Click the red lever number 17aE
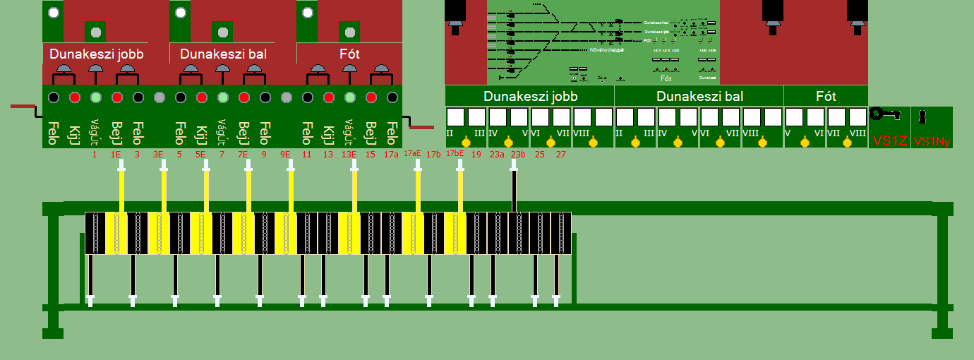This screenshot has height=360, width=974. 413,153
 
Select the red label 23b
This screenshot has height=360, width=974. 519,154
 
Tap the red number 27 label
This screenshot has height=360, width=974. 561,154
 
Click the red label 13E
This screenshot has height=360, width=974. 349,154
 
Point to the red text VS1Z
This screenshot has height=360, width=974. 889,140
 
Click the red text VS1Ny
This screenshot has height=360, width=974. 932,141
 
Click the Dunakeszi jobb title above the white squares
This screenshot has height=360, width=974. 529,96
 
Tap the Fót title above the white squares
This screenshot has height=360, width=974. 826,96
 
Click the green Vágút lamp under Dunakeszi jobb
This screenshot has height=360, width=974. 96,97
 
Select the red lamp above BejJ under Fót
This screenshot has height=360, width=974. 371,97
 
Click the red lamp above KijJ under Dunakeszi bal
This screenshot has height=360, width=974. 202,97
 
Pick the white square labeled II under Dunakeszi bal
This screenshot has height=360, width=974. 625,117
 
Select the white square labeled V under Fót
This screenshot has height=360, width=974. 794,117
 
